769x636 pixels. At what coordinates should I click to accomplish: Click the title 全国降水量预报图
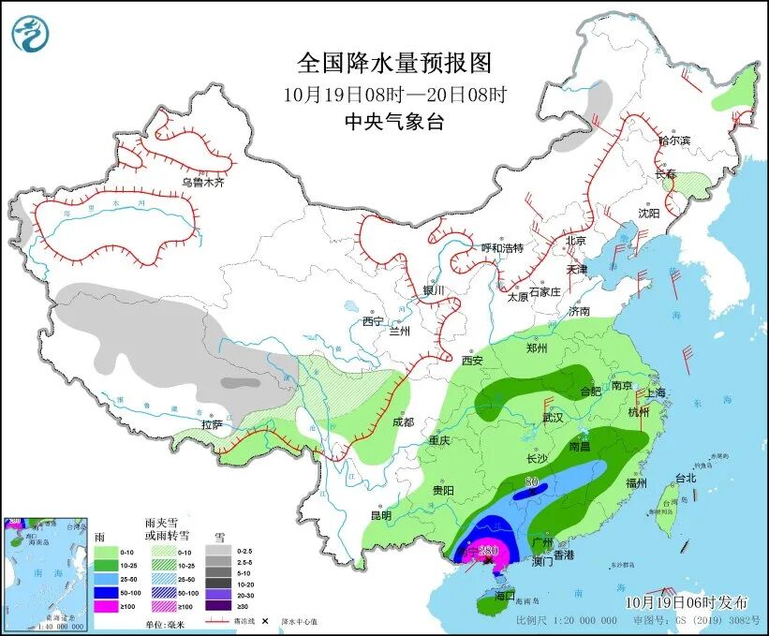coord(393,63)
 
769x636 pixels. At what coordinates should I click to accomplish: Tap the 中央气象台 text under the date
coord(393,121)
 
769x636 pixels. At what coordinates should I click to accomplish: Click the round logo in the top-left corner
coord(30,34)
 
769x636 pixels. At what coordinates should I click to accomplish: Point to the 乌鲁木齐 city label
coord(203,183)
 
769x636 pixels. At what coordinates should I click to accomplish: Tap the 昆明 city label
coord(380,515)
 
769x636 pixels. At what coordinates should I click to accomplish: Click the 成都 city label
coord(403,422)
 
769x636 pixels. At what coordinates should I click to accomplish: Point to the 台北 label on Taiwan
coord(686,478)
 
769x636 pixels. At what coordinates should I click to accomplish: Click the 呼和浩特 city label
coord(501,248)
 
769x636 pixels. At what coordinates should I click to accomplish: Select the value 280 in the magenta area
coord(487,553)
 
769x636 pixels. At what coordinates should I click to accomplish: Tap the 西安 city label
coord(473,361)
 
